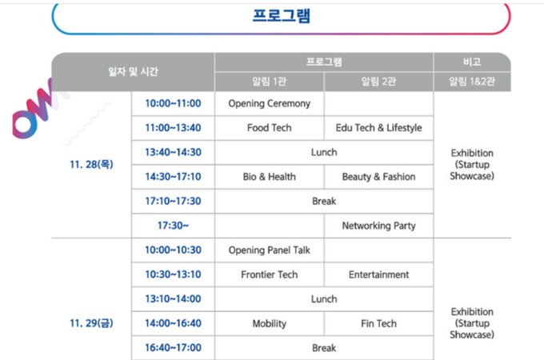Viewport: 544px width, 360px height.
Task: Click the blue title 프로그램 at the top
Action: click(282, 16)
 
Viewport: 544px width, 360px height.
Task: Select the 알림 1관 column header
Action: click(270, 82)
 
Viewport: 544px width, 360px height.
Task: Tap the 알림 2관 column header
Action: click(378, 82)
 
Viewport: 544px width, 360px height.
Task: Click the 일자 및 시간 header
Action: click(134, 72)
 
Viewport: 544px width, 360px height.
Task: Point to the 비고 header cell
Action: click(472, 62)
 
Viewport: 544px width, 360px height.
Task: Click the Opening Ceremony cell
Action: click(270, 104)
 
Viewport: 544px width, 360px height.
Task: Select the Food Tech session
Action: click(270, 128)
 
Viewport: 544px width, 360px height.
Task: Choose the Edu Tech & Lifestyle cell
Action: click(378, 128)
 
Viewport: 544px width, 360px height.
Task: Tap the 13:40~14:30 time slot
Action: click(173, 152)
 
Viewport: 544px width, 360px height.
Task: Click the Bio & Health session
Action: click(270, 177)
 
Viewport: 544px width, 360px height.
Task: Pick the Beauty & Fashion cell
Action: click(378, 177)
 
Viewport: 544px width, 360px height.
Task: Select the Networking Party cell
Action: click(378, 226)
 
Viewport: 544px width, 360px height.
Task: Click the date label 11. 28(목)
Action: click(91, 164)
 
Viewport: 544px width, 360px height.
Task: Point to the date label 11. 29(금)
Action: click(91, 323)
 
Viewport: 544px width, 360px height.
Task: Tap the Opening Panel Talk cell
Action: click(270, 250)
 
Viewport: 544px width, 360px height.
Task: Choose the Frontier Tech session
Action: click(270, 274)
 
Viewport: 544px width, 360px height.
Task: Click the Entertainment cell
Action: click(378, 274)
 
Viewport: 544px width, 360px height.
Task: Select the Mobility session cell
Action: click(270, 323)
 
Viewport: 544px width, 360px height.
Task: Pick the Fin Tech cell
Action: click(378, 323)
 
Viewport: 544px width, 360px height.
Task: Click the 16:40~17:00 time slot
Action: click(173, 347)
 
